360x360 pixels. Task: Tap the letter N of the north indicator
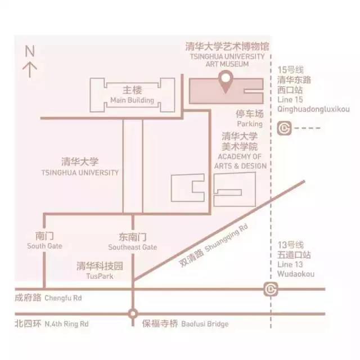pos(30,51)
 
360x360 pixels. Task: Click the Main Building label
pos(132,100)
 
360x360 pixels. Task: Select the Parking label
pos(250,124)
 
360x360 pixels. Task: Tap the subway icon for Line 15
pos(284,128)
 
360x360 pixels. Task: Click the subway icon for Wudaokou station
pos(271,289)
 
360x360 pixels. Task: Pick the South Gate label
pos(44,246)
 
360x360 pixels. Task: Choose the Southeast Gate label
pos(133,247)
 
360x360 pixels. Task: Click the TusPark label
pos(100,276)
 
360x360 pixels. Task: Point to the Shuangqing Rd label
pos(226,237)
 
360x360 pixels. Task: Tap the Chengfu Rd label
pos(63,298)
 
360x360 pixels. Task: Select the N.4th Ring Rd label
pos(66,324)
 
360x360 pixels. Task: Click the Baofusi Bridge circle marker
pos(133,314)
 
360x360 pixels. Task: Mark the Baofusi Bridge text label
pos(205,324)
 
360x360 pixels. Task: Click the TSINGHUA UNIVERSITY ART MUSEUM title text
pos(227,60)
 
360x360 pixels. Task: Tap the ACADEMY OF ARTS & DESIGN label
pos(240,161)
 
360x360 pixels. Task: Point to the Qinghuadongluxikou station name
pos(313,109)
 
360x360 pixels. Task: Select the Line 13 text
pos(290,264)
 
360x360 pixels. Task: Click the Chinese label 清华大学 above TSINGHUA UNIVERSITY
pos(80,162)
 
